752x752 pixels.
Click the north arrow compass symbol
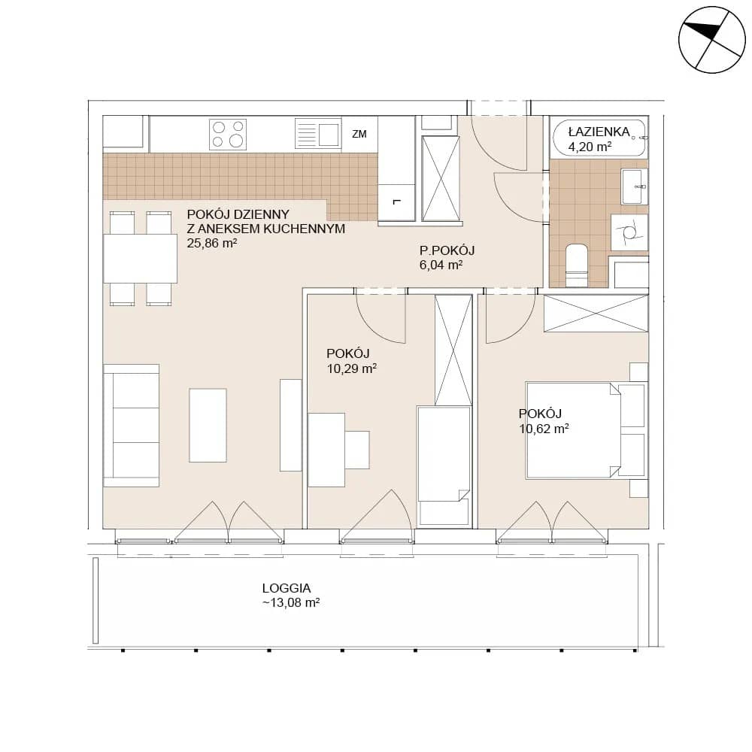coord(711,40)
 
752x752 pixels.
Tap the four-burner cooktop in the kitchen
coord(228,135)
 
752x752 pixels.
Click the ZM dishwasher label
coord(359,135)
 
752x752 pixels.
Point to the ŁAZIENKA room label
coord(599,132)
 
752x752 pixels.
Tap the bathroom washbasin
coord(634,186)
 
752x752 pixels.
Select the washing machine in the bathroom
coord(629,232)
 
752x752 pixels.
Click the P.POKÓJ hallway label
coord(447,250)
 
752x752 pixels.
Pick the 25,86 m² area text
coord(212,243)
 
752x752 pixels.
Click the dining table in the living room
coord(140,259)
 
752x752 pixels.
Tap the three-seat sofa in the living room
coord(131,426)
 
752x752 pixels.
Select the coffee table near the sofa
coord(208,425)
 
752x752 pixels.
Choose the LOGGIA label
coord(287,588)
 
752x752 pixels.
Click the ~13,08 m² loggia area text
coord(291,603)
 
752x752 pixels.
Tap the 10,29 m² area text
coord(351,368)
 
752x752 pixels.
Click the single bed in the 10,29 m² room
coord(444,466)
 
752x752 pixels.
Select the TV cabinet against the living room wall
coord(290,424)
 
